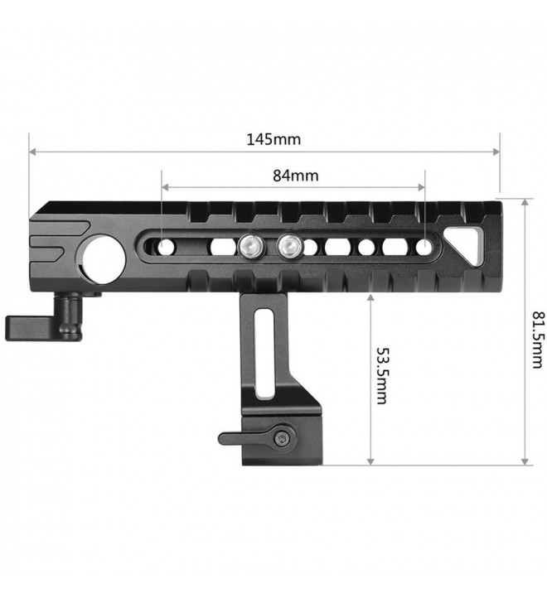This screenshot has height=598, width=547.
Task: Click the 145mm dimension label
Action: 273,140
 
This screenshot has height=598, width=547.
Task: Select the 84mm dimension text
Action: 295,176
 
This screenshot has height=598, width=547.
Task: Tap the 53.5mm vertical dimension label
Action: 382,376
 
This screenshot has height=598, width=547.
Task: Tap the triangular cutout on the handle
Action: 467,244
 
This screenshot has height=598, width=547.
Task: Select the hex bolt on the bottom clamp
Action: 283,439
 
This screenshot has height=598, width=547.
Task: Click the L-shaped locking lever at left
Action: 44,322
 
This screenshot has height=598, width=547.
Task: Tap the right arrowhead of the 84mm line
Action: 421,187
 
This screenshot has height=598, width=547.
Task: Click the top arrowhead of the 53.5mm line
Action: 370,297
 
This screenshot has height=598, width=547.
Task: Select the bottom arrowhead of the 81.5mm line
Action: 525,461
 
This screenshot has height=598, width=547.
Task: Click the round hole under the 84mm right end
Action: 424,248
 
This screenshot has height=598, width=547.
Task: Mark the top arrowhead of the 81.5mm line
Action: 525,202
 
